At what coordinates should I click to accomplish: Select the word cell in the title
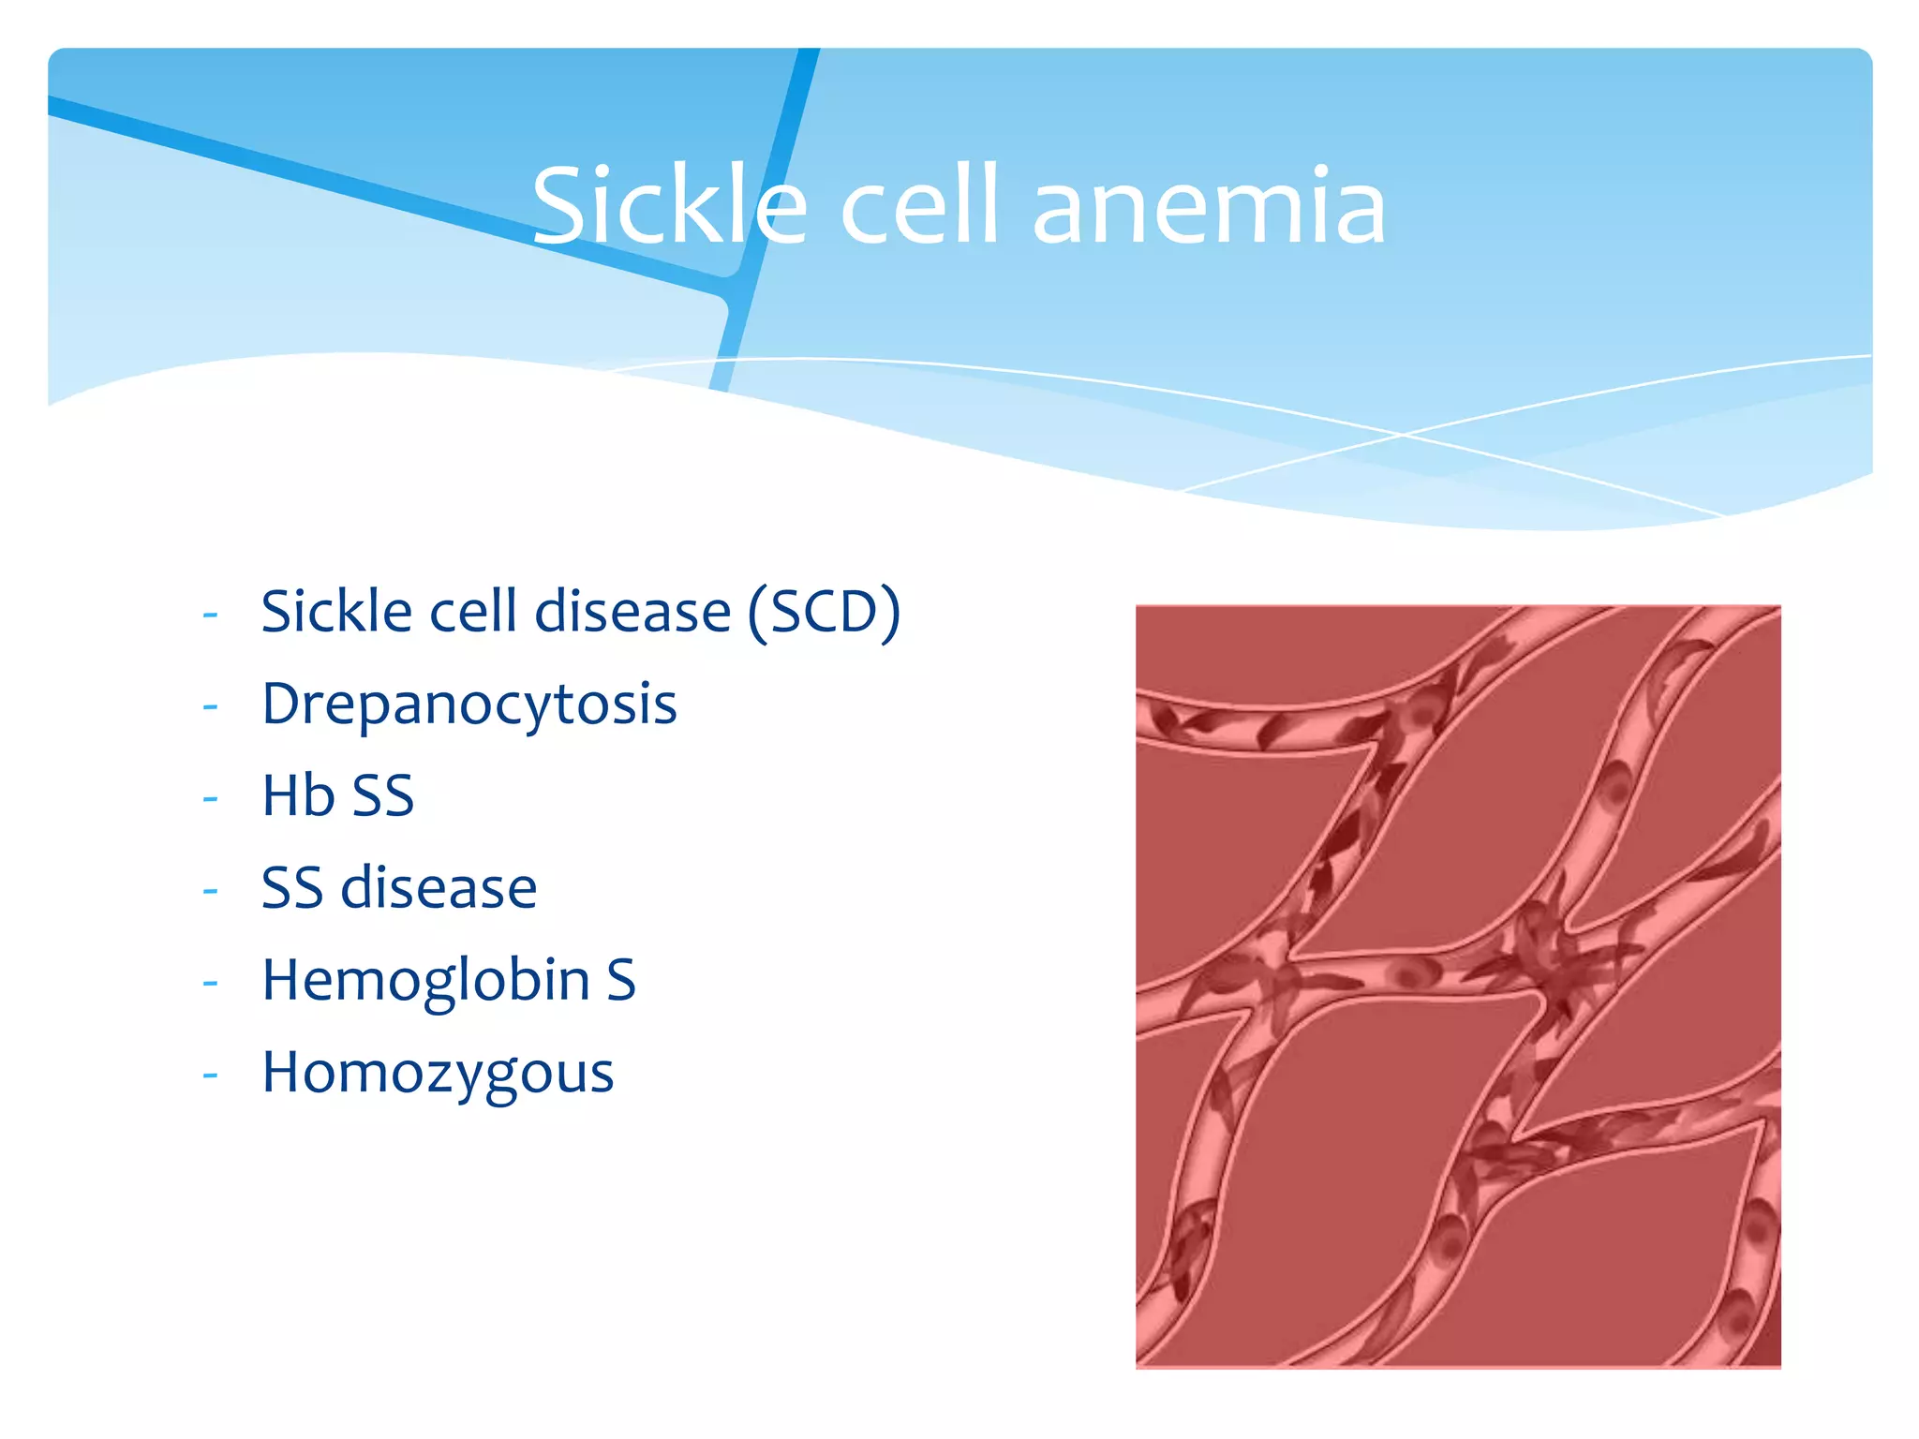[x=918, y=206]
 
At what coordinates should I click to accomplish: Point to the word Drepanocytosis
[x=469, y=705]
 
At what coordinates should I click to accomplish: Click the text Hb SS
[x=337, y=796]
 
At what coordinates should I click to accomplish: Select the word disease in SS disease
[x=439, y=888]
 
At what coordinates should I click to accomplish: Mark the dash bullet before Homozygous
[x=210, y=1075]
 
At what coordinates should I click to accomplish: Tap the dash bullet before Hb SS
[x=210, y=798]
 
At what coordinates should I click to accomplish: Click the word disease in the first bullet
[x=632, y=613]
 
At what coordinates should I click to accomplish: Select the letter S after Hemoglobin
[x=620, y=981]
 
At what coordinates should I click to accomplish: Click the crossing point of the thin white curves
[x=1403, y=435]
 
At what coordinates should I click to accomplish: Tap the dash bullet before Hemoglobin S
[x=210, y=983]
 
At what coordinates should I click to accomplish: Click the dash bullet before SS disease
[x=210, y=890]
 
